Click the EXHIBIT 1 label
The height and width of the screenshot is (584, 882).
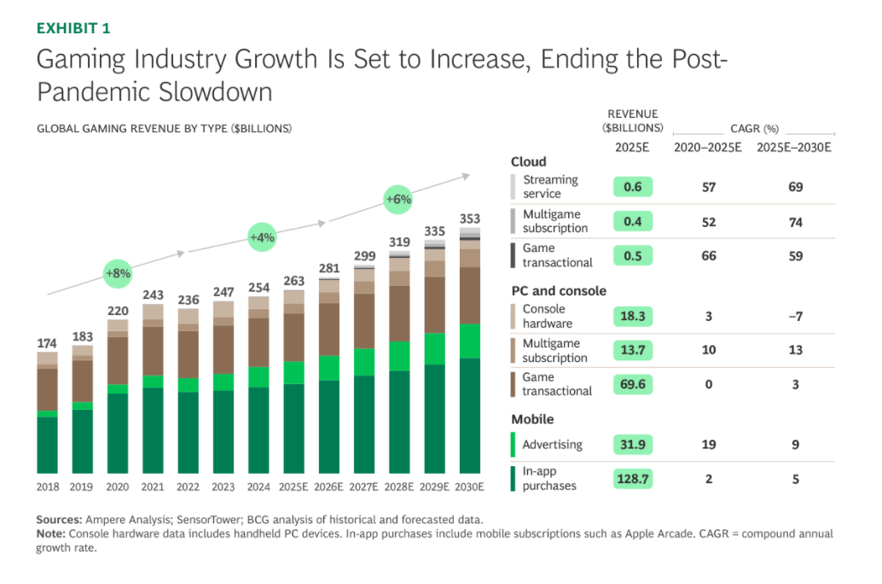[73, 29]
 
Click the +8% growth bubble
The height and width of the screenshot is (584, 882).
[117, 273]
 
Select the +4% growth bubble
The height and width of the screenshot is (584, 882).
[261, 237]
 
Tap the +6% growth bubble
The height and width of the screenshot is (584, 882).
[398, 200]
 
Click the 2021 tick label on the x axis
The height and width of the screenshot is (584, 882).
[154, 487]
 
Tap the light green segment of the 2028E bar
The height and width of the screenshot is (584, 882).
[400, 356]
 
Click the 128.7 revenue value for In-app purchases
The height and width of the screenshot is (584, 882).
[633, 479]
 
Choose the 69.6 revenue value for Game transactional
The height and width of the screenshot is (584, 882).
[633, 384]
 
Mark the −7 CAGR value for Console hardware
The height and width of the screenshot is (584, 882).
[795, 316]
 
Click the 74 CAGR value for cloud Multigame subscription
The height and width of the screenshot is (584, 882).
[795, 221]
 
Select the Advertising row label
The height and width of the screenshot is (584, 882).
[553, 444]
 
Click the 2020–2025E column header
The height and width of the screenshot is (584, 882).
[707, 148]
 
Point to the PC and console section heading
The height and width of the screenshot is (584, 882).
[558, 290]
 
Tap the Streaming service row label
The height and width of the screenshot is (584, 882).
[550, 187]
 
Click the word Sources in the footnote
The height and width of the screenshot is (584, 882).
[59, 520]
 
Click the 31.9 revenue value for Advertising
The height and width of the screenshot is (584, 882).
[633, 444]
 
